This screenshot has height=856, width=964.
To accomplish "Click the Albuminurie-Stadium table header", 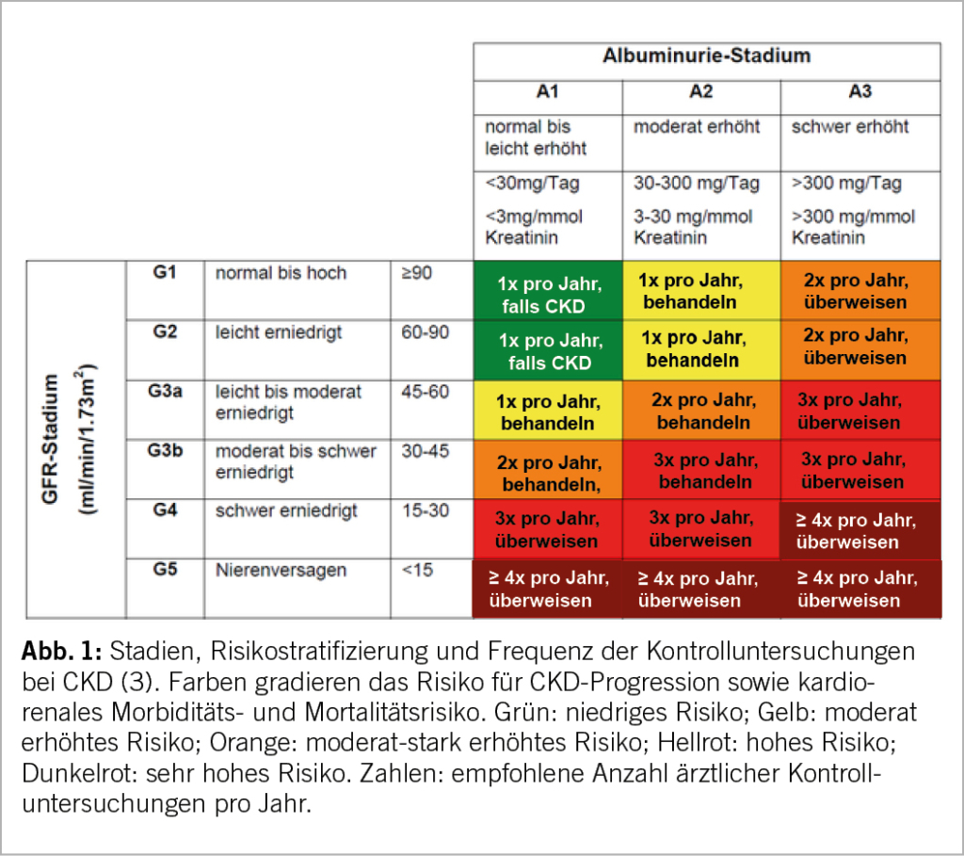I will [x=706, y=56].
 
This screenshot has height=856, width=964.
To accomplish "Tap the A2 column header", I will [x=700, y=92].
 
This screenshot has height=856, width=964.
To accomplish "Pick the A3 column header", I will [x=859, y=92].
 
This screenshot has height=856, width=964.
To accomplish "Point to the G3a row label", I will [x=165, y=391].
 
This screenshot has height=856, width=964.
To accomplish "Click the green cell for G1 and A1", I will [x=547, y=292].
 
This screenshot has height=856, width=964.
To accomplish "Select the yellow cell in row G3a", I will [x=547, y=412].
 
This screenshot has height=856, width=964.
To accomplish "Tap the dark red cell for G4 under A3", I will [x=859, y=530].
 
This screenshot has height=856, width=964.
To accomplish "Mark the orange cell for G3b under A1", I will [x=547, y=471].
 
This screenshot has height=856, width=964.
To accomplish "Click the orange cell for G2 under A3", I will [x=859, y=347].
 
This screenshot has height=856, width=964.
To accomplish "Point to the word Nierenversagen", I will [x=281, y=571].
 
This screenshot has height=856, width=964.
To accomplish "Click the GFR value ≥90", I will [x=417, y=273].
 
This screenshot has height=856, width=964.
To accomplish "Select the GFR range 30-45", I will [x=425, y=451].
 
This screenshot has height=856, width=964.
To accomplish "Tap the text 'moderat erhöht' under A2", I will [x=697, y=126].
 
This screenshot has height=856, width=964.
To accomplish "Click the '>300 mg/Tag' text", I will [x=847, y=184].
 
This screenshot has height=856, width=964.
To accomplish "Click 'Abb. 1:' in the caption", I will [x=61, y=654].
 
